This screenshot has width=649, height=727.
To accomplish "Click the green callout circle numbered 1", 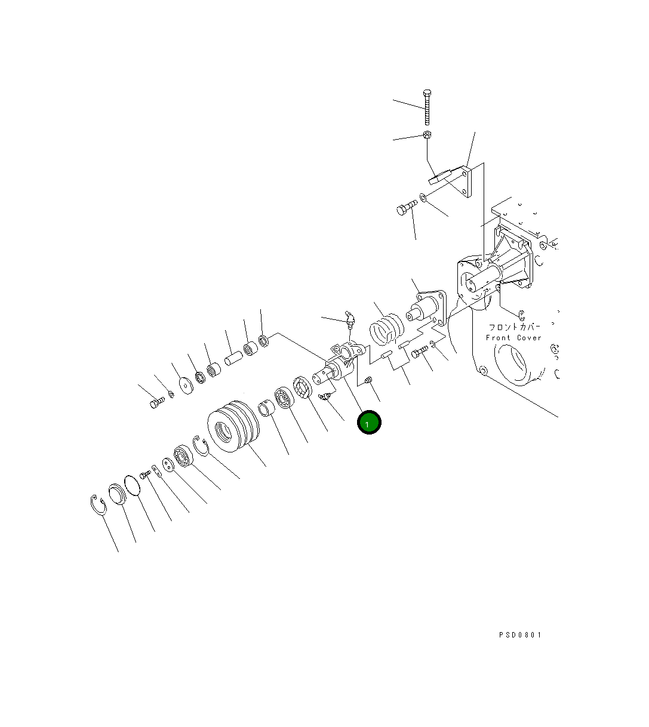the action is (368, 422).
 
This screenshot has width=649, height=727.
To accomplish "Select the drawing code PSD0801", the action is (520, 634).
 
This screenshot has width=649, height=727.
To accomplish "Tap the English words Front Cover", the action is (513, 338).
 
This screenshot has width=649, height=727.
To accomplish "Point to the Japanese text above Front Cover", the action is (515, 327).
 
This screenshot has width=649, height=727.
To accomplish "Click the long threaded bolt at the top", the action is (427, 107).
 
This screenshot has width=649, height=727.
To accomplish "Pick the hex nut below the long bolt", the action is (427, 135).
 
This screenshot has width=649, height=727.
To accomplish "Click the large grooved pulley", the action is (233, 426).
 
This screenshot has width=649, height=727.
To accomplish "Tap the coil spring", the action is (387, 329).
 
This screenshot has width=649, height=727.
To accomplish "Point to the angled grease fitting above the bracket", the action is (350, 319).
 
